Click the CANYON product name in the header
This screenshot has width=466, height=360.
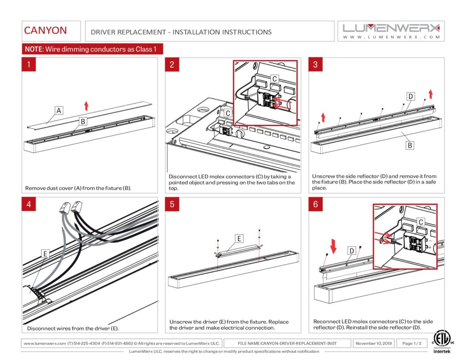click(45, 30)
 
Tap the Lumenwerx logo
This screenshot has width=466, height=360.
click(391, 31)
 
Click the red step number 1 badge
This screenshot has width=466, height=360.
click(29, 65)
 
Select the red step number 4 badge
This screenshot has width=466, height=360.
click(29, 204)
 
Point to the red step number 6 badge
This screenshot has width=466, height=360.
click(316, 204)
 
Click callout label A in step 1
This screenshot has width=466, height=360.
click(59, 111)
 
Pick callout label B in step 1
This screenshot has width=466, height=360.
click(83, 121)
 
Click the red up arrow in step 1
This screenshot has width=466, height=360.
click(86, 106)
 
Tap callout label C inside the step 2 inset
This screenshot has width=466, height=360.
click(274, 79)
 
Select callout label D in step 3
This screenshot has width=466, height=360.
click(410, 96)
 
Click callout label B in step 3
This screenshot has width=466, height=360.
click(410, 145)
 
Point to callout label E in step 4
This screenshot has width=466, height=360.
click(45, 254)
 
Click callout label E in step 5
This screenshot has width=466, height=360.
click(239, 239)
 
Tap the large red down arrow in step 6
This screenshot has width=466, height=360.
click(334, 246)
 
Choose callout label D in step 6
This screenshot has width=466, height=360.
click(352, 251)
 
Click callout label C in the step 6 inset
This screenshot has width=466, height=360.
click(420, 222)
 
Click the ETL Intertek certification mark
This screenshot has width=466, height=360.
click(442, 342)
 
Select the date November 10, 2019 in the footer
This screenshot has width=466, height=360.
click(374, 343)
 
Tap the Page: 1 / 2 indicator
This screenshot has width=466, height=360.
click(411, 343)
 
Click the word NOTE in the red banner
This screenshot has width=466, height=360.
click(34, 49)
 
